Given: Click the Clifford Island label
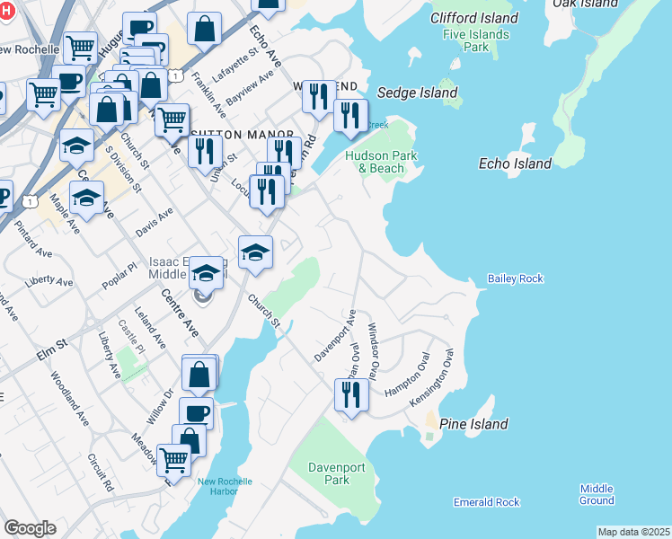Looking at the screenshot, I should coord(474,18).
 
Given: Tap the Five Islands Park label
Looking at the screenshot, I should coord(475,41).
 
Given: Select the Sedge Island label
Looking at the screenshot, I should coord(417,93).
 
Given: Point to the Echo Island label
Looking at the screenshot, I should coord(515,163).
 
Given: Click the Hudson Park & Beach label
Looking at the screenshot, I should coord(375,162).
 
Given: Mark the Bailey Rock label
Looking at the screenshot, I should coord(515,279).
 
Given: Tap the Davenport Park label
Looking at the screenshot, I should coord(328,473).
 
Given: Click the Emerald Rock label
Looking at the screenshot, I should coord(486,502).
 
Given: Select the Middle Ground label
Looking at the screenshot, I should coord(597,494).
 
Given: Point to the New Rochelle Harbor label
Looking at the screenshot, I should coord(225,487).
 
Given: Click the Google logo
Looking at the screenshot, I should coord(30,527).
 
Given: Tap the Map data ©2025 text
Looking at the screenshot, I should coord(633,532).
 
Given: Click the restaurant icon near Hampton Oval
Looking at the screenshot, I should coord(351,394).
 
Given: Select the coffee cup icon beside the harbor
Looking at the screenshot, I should coord(196,412).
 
